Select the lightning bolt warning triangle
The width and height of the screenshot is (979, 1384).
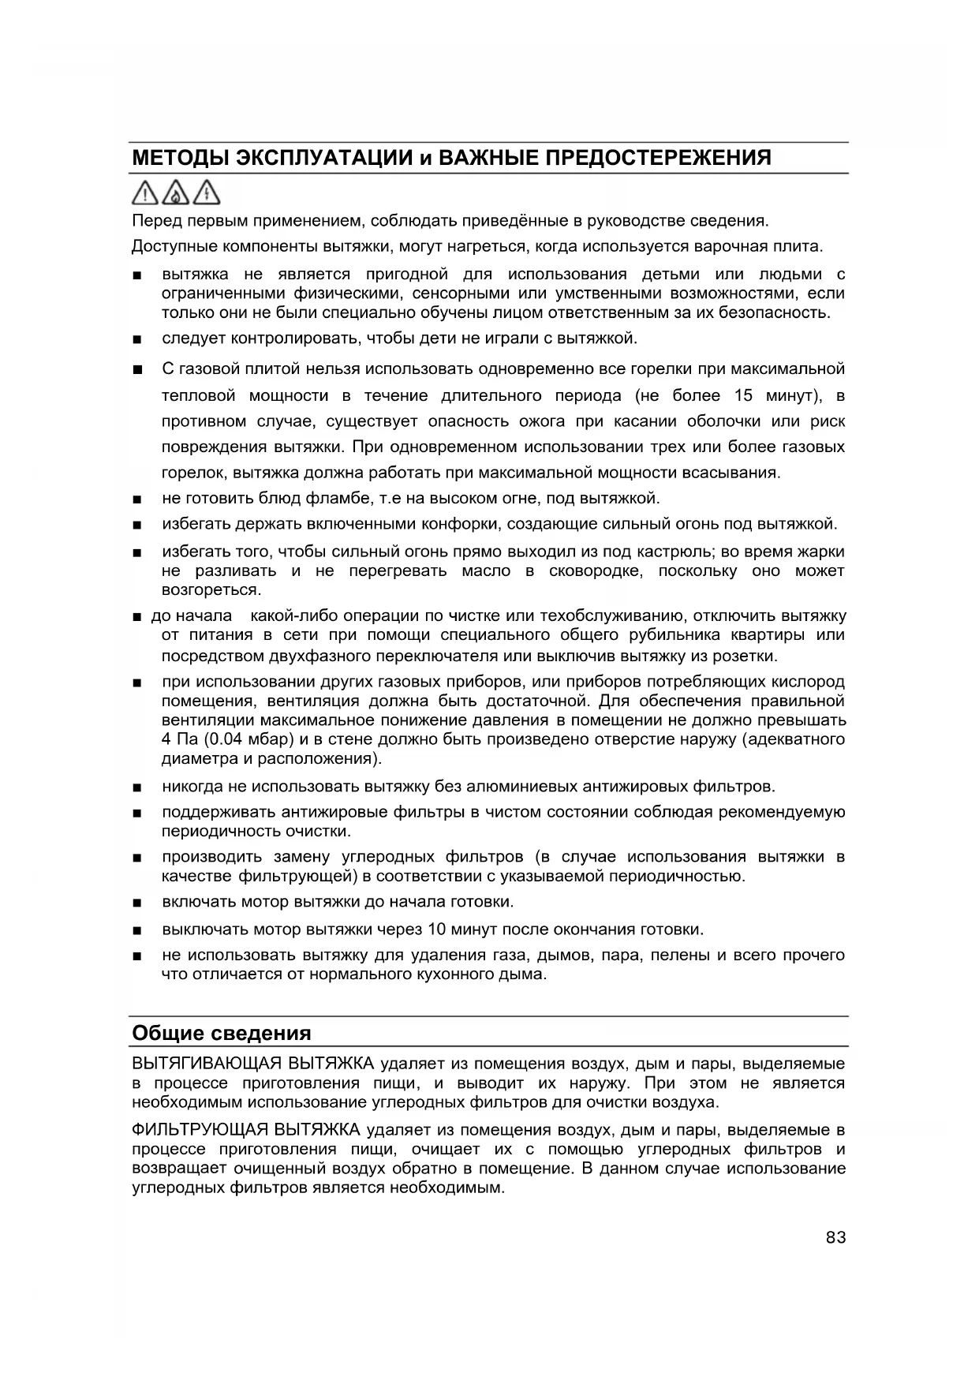coord(207,193)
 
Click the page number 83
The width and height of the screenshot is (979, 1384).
coord(835,1237)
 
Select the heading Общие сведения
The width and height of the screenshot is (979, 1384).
coord(222,1033)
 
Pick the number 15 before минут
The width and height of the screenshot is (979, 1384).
coord(743,395)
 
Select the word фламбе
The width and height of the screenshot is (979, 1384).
coord(331,498)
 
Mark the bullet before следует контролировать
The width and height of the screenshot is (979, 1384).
coord(138,340)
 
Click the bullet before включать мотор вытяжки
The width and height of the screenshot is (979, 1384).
coord(138,903)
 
